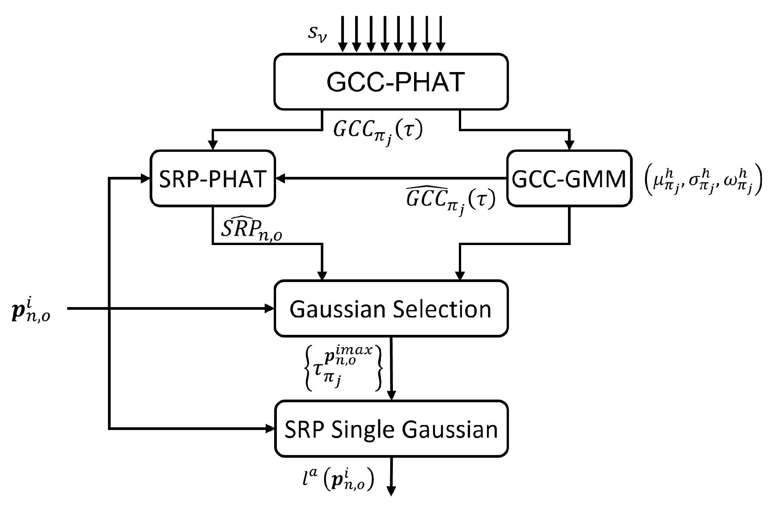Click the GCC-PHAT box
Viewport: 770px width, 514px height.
click(x=391, y=81)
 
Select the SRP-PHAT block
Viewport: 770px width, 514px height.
click(x=212, y=178)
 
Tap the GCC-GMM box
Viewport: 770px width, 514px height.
click(x=569, y=178)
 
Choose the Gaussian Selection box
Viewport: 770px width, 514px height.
click(x=391, y=308)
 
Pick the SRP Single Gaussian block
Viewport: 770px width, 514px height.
click(x=391, y=429)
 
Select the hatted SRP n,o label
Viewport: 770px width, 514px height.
click(x=251, y=230)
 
